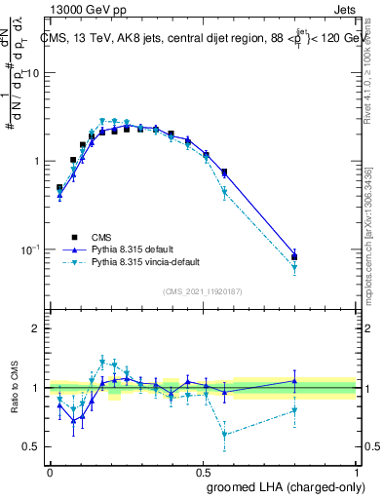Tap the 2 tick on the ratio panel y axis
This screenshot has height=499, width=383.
[x=35, y=329]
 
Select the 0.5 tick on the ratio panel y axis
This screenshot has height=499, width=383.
[x=31, y=446]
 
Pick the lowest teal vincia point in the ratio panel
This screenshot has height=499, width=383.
[x=225, y=435]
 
